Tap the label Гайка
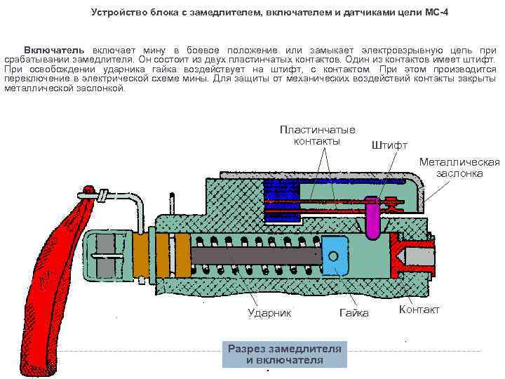(x=353, y=312)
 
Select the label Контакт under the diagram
(x=419, y=310)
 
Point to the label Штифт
(x=388, y=145)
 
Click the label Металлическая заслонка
(x=459, y=167)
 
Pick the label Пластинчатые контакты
(x=317, y=135)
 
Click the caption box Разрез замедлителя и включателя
(x=284, y=354)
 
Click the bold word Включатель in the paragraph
(x=54, y=51)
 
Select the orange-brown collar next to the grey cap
(x=142, y=256)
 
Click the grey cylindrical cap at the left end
(x=105, y=255)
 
